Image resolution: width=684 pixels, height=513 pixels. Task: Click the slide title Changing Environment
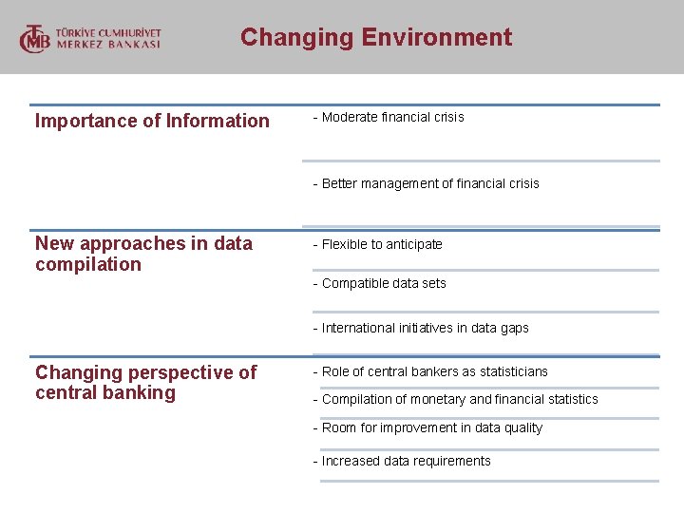coord(376,37)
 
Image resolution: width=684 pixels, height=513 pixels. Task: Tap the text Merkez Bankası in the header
coord(108,45)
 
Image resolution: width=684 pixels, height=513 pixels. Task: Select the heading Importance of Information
coord(152,121)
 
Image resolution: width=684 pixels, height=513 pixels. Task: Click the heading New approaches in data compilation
coord(143,254)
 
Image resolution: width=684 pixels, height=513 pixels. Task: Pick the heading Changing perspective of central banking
coord(145,383)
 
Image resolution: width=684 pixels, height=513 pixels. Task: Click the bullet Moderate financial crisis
coord(389,117)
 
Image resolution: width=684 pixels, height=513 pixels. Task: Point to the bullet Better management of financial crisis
coord(426,183)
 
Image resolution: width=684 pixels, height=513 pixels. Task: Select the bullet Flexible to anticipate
coord(378,244)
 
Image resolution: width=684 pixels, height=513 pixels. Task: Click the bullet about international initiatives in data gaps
coord(421,328)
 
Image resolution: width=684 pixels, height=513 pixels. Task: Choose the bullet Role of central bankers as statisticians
coord(430,371)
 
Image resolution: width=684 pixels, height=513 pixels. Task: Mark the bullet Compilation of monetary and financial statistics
coord(456,399)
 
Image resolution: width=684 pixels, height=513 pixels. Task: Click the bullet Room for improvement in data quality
coord(427,427)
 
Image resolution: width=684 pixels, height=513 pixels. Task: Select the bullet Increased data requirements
coord(402,461)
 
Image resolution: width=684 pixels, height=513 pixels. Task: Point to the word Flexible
coord(344,244)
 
